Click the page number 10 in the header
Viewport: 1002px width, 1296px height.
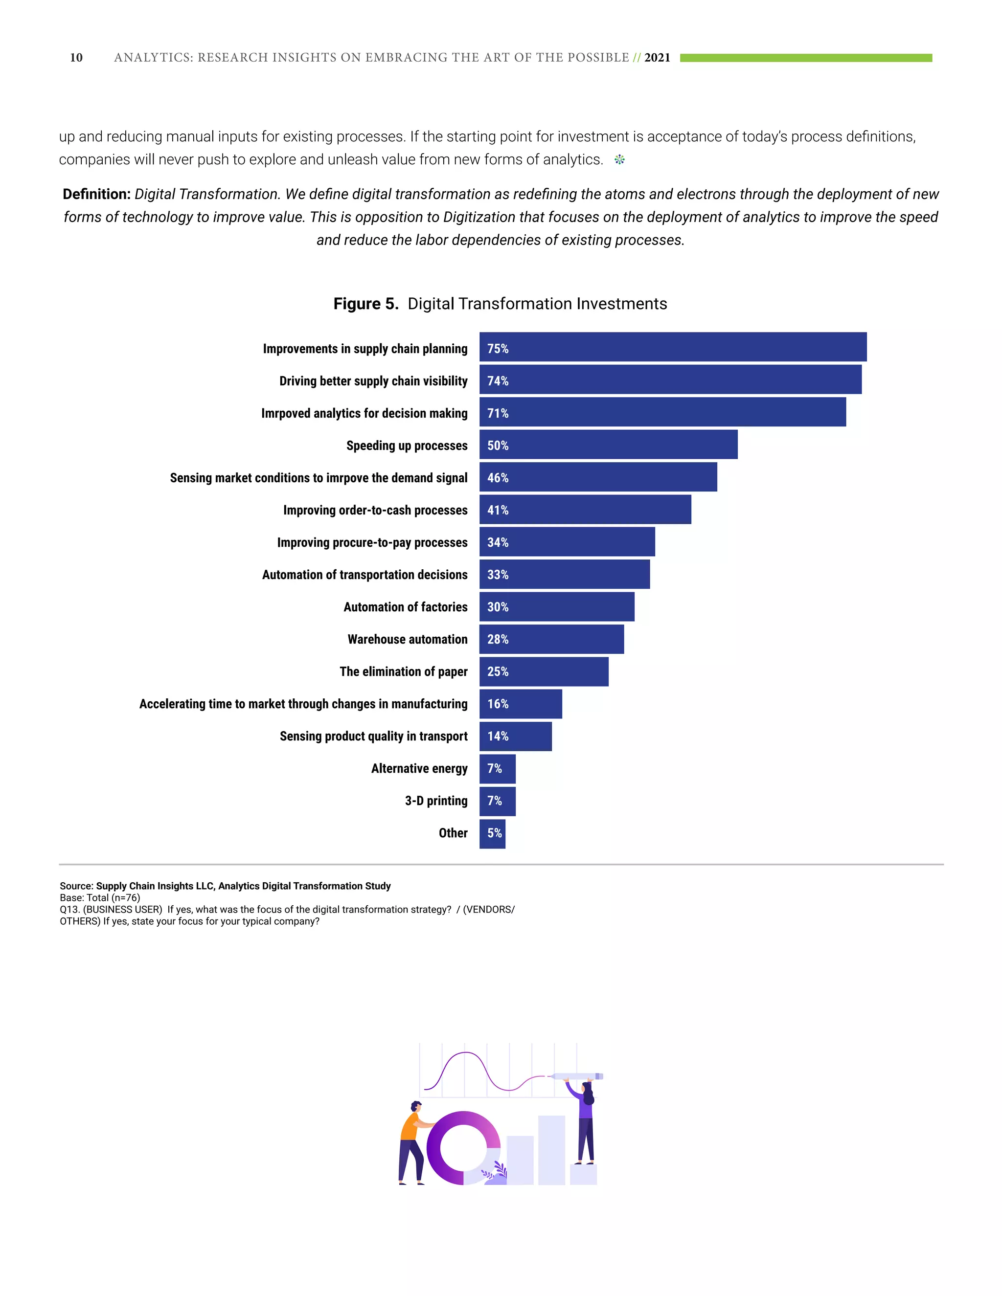click(x=76, y=58)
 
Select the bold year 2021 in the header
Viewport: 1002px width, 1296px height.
click(x=657, y=58)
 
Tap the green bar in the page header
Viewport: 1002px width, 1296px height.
click(x=805, y=58)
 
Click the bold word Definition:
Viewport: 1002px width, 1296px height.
click(x=96, y=194)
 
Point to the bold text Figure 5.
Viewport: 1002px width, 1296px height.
click(x=365, y=304)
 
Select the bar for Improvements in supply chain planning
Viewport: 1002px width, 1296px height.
click(x=673, y=347)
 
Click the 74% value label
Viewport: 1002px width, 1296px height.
click(x=498, y=381)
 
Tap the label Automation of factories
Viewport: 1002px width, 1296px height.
click(x=406, y=607)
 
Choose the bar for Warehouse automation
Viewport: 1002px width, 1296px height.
click(x=551, y=639)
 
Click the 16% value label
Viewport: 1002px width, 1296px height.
click(x=498, y=704)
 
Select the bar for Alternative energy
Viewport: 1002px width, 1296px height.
click(x=498, y=768)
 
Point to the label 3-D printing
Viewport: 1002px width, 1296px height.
click(x=436, y=801)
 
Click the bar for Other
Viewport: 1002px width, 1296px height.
click(x=492, y=833)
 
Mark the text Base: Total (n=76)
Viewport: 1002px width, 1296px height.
click(x=100, y=898)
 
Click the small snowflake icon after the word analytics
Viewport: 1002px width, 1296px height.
click(x=619, y=159)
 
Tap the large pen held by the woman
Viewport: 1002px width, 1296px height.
click(x=576, y=1076)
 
